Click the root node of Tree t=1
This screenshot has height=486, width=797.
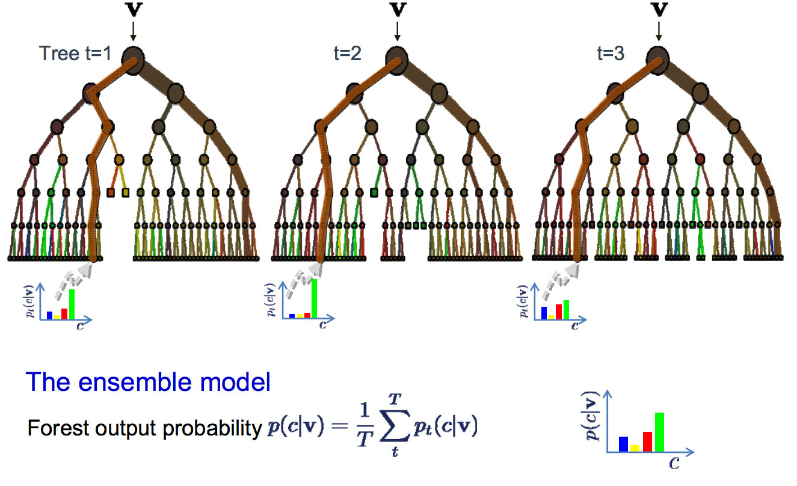pos(133,61)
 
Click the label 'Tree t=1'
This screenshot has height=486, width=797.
pos(75,54)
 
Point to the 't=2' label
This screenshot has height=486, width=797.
pos(347,54)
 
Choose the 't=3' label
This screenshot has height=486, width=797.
pos(611,54)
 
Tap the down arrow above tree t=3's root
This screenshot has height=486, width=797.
pos(659,31)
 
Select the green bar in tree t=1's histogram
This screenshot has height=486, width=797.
pos(72,304)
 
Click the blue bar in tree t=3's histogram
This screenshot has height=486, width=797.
pos(544,313)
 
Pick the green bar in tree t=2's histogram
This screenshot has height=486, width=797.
pos(314,298)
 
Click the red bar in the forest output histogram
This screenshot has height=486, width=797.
pos(647,441)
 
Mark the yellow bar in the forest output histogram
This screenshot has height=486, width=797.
pos(635,448)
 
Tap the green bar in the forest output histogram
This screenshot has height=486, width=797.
pos(659,432)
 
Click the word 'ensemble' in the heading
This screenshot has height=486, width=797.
pos(135,383)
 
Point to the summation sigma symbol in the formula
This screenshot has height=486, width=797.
pos(395,426)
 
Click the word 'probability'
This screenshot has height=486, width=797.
pos(212,429)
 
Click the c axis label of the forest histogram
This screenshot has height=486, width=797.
pos(674,463)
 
